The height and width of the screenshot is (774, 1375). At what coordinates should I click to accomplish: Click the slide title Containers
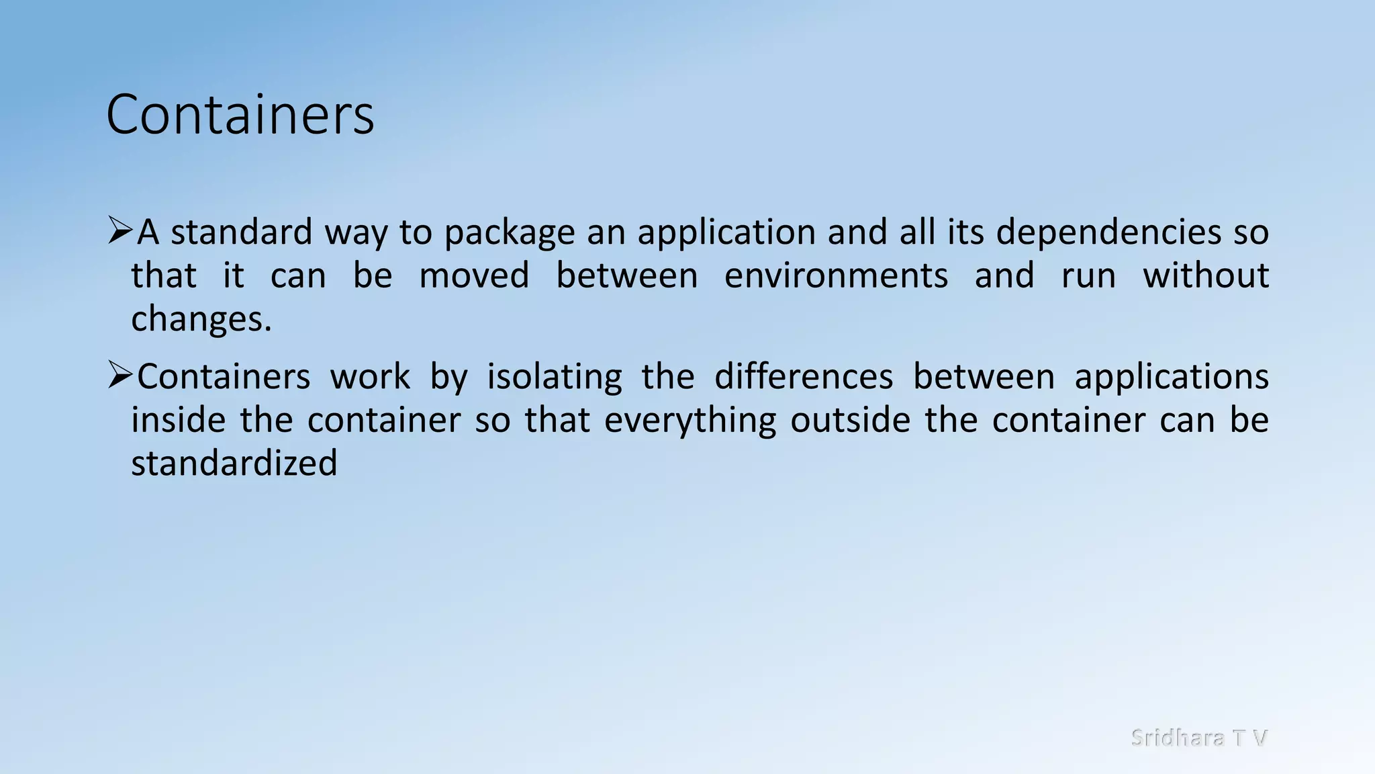click(240, 115)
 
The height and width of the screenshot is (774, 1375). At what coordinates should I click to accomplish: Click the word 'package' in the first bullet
click(510, 233)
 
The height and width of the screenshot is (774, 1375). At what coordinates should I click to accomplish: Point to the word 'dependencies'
click(1108, 233)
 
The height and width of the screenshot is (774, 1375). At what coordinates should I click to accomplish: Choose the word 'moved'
click(474, 275)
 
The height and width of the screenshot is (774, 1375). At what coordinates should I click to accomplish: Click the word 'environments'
click(836, 275)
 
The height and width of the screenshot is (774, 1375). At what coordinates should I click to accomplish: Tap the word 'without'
click(1206, 275)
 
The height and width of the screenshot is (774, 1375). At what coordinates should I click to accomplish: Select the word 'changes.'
click(201, 319)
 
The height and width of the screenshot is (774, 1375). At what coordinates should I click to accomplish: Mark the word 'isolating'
click(555, 377)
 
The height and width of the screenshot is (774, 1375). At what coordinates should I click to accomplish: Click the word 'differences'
click(804, 376)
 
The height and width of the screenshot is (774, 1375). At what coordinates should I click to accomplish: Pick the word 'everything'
click(690, 421)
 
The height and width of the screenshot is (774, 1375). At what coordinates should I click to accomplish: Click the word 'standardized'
click(234, 464)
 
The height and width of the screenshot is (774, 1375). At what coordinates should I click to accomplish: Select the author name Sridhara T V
click(1199, 738)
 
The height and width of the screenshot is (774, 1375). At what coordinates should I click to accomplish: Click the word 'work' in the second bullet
click(370, 376)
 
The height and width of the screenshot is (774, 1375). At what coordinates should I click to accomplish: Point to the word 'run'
click(1088, 277)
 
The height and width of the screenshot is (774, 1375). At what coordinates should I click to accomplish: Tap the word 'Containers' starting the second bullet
click(224, 376)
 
